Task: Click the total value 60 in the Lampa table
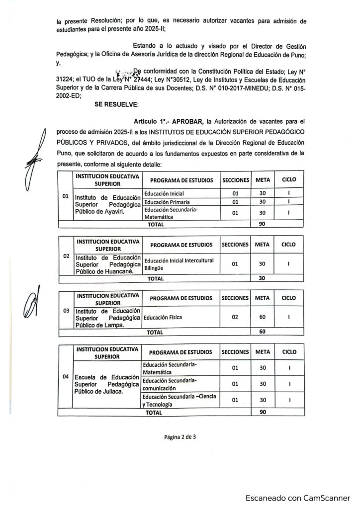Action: pos(263,331)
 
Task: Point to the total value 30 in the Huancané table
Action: pos(263,278)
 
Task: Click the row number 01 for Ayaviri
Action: pos(65,196)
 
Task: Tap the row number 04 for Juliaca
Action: pos(65,376)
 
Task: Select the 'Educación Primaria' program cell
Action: pos(166,202)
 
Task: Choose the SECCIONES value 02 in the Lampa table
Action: pos(235,316)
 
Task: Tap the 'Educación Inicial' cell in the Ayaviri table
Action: pos(164,193)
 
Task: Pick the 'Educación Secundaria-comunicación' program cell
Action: pos(170,383)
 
